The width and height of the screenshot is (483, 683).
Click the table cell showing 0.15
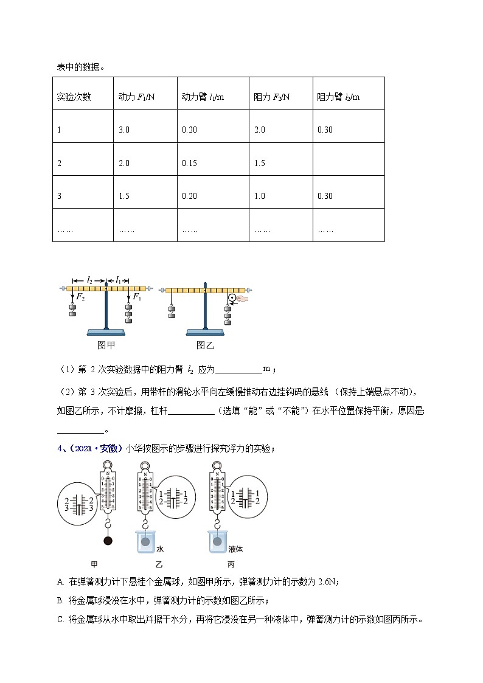[x=189, y=162]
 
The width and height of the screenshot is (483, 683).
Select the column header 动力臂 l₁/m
[x=203, y=97]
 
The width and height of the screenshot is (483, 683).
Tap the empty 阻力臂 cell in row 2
[x=349, y=159]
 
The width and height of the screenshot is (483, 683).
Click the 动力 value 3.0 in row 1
[x=124, y=130]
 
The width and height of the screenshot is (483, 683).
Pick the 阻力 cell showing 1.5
[x=260, y=162]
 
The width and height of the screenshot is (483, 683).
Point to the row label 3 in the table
[x=59, y=195]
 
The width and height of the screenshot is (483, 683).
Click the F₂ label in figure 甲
[x=80, y=297]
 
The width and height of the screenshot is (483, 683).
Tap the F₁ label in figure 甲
[x=137, y=297]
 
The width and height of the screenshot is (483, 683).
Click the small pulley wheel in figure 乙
[x=232, y=299]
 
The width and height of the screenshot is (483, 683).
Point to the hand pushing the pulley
[x=244, y=299]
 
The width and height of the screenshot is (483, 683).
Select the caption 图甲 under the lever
[x=106, y=345]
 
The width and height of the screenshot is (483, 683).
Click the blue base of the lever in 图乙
[x=204, y=331]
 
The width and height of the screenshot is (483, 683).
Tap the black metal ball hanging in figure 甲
[x=108, y=541]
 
